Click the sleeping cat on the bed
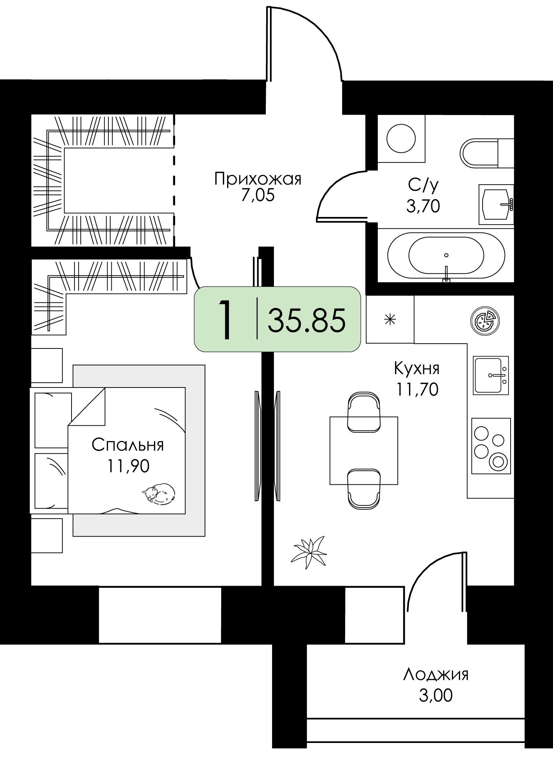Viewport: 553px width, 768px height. click(x=159, y=493)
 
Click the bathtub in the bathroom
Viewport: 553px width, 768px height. click(x=446, y=255)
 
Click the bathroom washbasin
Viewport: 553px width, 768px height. click(x=496, y=204)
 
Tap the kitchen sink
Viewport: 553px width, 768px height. click(x=491, y=375)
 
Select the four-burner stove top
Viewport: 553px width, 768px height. click(x=491, y=446)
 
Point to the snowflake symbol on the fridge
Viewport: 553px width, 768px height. click(x=390, y=319)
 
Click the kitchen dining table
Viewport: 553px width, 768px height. click(x=364, y=450)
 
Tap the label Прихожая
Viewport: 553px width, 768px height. click(x=258, y=179)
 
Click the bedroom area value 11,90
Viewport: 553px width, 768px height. click(x=128, y=466)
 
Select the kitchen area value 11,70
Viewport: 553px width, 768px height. click(x=417, y=389)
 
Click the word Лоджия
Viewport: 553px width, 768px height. click(x=436, y=675)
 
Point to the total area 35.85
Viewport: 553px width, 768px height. click(x=307, y=320)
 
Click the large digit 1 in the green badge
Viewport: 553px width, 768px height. click(x=225, y=319)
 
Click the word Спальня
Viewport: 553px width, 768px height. click(x=128, y=445)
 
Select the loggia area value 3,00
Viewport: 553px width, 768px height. click(x=435, y=696)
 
